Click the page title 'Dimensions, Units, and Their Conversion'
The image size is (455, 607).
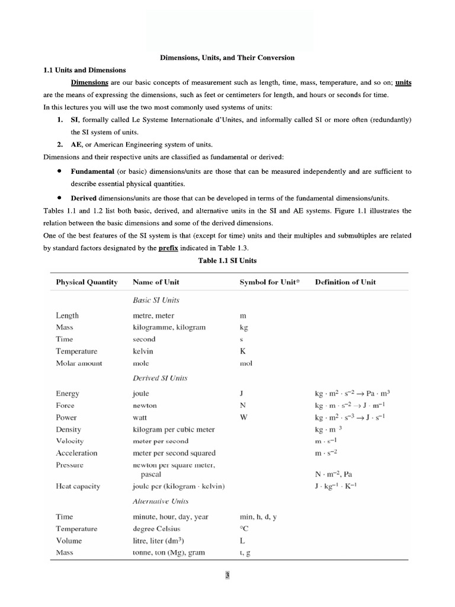227,57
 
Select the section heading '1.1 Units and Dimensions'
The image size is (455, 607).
84,70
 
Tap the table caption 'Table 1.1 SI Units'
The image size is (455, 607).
227,260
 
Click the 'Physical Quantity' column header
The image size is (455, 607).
86,282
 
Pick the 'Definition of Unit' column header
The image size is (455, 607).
345,282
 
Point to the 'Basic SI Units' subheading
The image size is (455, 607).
156,300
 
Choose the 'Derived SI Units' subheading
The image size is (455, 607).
159,378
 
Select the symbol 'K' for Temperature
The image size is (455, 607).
242,352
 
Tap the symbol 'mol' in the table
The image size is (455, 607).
246,363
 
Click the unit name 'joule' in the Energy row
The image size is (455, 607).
141,394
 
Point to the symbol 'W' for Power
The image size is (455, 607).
243,417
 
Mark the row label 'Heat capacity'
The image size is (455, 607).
78,486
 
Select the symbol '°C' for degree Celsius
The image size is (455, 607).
244,529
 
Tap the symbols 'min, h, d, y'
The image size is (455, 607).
258,517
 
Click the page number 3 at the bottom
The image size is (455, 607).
227,575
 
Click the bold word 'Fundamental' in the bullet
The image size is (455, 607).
92,171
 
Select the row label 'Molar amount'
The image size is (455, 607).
79,363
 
